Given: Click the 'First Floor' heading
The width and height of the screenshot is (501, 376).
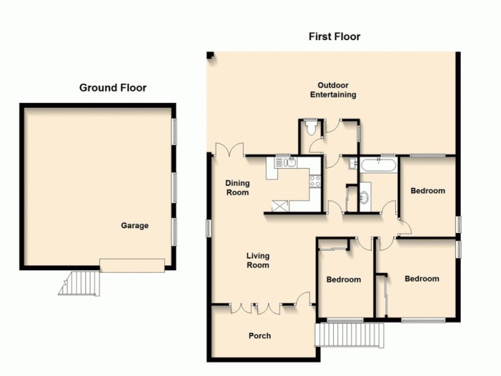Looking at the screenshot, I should point(334,36).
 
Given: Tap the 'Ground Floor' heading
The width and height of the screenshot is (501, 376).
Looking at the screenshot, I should point(113,88).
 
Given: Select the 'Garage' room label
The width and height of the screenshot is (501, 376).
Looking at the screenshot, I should point(135,226).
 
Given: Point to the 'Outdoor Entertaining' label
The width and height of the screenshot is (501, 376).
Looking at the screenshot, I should point(333,90).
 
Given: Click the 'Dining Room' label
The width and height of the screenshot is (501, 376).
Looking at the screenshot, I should point(237,188).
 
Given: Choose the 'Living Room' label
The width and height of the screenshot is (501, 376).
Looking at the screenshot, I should point(257,260).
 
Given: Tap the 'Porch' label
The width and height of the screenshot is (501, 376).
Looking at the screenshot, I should point(259,336).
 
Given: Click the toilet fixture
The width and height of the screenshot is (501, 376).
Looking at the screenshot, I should point(311,127).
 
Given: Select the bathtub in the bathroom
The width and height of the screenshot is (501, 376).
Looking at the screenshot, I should point(378,167).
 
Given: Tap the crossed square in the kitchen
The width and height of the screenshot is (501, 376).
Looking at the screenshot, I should point(279,204).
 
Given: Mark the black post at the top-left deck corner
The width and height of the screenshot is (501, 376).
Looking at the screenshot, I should point(211,56).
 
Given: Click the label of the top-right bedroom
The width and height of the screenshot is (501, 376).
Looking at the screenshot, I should point(427,191).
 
